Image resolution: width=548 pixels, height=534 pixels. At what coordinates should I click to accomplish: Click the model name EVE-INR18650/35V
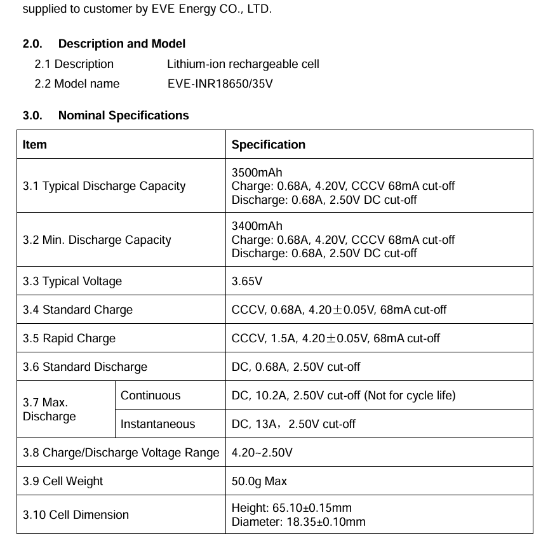pyautogui.click(x=220, y=84)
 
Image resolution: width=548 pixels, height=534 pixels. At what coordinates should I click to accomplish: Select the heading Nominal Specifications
pyautogui.click(x=123, y=116)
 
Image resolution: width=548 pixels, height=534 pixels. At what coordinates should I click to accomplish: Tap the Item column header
pyautogui.click(x=35, y=145)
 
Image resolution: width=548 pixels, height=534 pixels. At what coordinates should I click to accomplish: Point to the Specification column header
pyautogui.click(x=268, y=145)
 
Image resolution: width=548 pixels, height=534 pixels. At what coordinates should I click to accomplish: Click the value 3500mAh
pyautogui.click(x=257, y=173)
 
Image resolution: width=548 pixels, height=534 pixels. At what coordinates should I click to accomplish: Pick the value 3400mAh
pyautogui.click(x=257, y=226)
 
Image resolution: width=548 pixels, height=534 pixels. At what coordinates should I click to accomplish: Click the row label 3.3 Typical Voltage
pyautogui.click(x=72, y=281)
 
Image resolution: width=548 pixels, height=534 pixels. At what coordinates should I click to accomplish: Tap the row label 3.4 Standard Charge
pyautogui.click(x=77, y=310)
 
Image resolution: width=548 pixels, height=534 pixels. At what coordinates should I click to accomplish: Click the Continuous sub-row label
pyautogui.click(x=150, y=396)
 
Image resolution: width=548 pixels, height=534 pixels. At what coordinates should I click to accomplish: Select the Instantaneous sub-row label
pyautogui.click(x=158, y=424)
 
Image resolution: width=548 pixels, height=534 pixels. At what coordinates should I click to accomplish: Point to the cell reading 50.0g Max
pyautogui.click(x=259, y=481)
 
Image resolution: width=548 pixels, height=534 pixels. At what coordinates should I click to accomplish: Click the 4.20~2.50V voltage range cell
pyautogui.click(x=262, y=453)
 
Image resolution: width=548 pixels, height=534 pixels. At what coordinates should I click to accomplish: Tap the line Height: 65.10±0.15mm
pyautogui.click(x=291, y=508)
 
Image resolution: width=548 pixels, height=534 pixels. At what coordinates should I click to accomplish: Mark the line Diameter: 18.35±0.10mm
pyautogui.click(x=298, y=522)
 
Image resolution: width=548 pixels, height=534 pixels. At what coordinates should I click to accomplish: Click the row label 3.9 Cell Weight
pyautogui.click(x=63, y=481)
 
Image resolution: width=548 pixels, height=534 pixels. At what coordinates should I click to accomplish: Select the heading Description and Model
pyautogui.click(x=121, y=44)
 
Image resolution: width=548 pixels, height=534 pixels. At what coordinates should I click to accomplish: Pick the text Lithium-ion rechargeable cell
pyautogui.click(x=243, y=64)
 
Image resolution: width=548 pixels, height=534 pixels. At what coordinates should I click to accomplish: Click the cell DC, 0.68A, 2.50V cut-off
pyautogui.click(x=296, y=367)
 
